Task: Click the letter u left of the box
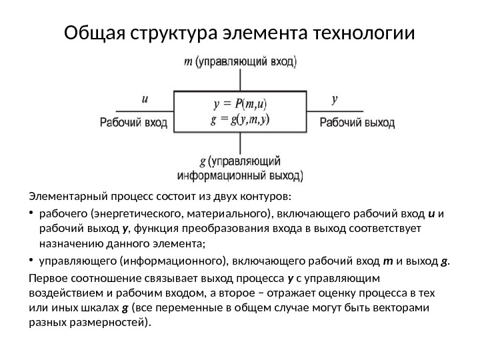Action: (145, 100)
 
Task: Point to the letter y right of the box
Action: (335, 100)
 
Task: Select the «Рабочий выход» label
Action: (357, 123)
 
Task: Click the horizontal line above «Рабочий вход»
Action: (143, 111)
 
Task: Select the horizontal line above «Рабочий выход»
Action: (337, 111)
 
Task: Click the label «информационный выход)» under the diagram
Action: (240, 177)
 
